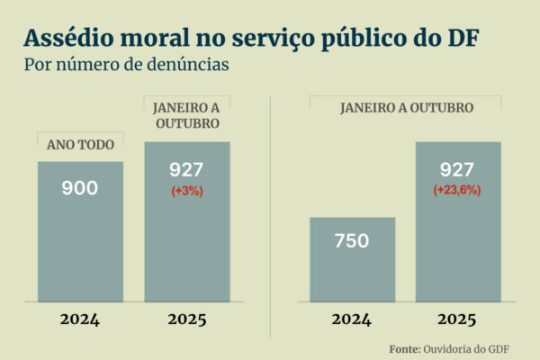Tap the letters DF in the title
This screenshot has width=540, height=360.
pyautogui.click(x=461, y=38)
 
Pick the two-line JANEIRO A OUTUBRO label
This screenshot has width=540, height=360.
pyautogui.click(x=187, y=114)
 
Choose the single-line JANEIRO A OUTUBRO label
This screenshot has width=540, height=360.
pyautogui.click(x=406, y=107)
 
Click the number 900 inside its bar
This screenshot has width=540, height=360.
pyautogui.click(x=80, y=188)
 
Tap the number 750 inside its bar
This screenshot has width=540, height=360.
pyautogui.click(x=353, y=241)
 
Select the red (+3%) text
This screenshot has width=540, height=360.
pyautogui.click(x=187, y=190)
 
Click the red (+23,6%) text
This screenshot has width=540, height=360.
pyautogui.click(x=457, y=190)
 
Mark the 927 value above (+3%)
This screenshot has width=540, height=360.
pyautogui.click(x=187, y=170)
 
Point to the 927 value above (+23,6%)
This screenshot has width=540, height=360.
pyautogui.click(x=457, y=170)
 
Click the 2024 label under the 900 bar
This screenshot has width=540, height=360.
pyautogui.click(x=80, y=319)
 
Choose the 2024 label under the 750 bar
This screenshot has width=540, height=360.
pyautogui.click(x=353, y=319)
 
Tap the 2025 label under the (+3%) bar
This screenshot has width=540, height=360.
pyautogui.click(x=187, y=319)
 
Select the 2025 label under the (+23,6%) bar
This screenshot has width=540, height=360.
pyautogui.click(x=457, y=319)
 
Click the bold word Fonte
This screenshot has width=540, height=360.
pyautogui.click(x=406, y=348)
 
